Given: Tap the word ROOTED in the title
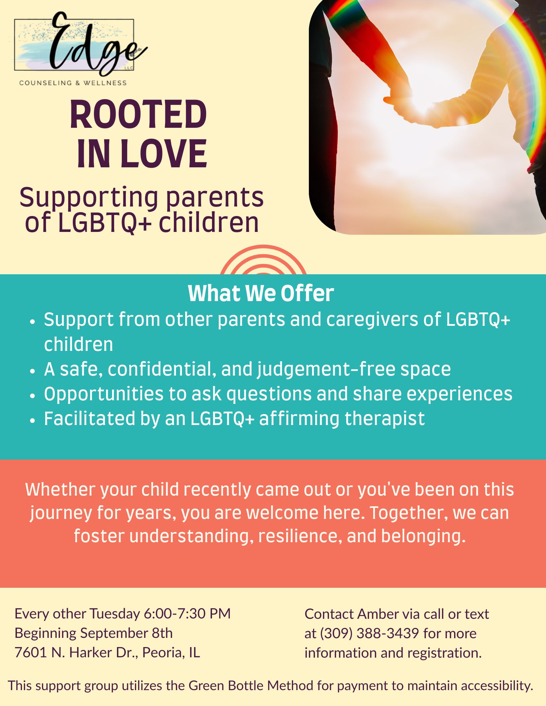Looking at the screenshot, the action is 138,115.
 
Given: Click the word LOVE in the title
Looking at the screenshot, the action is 164,154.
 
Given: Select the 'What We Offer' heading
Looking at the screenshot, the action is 261,293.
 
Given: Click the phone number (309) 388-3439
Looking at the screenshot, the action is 369,634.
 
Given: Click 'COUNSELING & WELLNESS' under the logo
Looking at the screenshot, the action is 73,83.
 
